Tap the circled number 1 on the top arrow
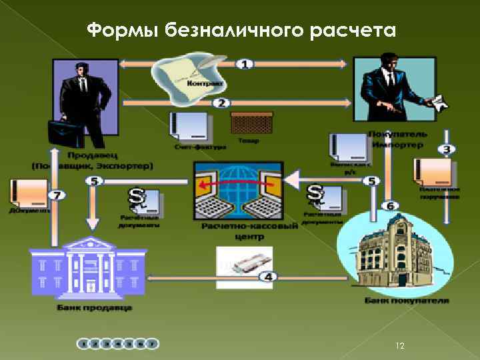(245, 64)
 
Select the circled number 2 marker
(222, 103)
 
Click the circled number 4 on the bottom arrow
(268, 276)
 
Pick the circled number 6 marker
(391, 205)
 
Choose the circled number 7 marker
(58, 195)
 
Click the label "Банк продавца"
(94, 307)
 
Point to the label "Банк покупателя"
(406, 301)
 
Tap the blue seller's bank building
(89, 267)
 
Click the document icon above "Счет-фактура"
(190, 127)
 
